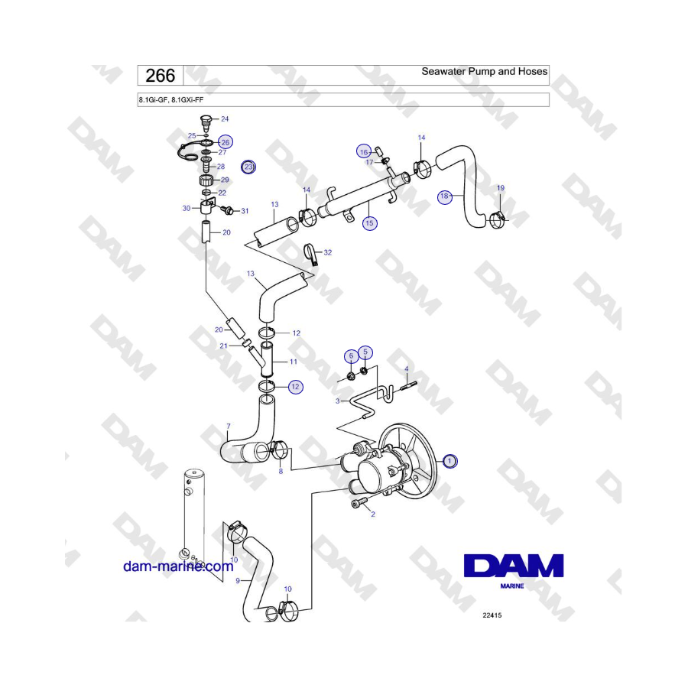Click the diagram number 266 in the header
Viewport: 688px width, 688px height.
(x=161, y=76)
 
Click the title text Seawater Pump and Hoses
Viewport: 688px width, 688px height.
(x=485, y=72)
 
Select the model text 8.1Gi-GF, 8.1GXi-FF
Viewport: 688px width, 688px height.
(x=171, y=100)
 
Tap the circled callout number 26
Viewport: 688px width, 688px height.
(x=225, y=142)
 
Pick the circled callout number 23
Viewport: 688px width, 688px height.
(x=248, y=167)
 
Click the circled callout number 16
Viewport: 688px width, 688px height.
(x=364, y=152)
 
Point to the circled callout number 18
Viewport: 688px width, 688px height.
(x=444, y=196)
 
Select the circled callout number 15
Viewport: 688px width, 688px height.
(x=369, y=223)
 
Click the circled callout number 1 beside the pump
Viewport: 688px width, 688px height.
(x=449, y=461)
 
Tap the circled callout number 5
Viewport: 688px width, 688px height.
(x=365, y=352)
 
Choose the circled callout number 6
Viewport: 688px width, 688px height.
(x=351, y=355)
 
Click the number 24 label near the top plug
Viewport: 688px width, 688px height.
(x=225, y=119)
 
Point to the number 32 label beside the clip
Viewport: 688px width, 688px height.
(x=328, y=252)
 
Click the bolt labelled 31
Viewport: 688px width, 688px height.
(x=228, y=211)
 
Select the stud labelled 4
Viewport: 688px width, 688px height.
(x=408, y=386)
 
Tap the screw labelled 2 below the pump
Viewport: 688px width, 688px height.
(x=358, y=505)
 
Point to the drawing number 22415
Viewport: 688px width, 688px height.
(x=492, y=615)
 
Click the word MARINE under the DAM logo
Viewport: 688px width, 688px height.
(x=512, y=586)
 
